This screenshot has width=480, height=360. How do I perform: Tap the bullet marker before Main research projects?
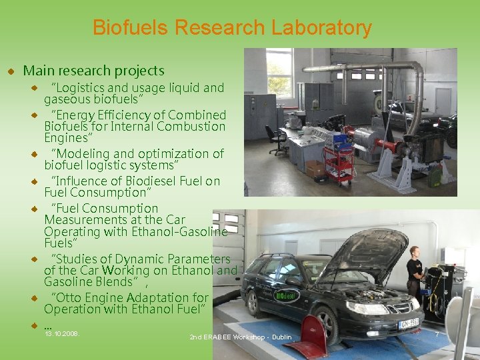click(x=11, y=71)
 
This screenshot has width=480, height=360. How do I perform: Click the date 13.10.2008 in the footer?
click(x=61, y=333)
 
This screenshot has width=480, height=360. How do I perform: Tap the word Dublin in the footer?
click(x=281, y=337)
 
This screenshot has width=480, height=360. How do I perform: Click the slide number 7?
click(x=437, y=333)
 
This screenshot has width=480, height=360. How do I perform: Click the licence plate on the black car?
click(x=408, y=324)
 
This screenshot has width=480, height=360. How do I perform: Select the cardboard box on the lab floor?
click(x=315, y=170)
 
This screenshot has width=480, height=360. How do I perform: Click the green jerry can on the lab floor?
click(x=435, y=177)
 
